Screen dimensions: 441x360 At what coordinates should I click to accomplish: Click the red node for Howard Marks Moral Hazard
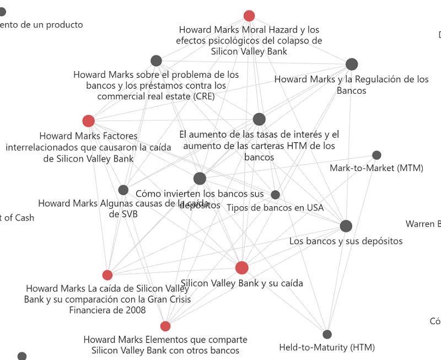[249, 15]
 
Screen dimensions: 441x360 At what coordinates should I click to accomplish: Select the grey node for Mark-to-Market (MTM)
[377, 155]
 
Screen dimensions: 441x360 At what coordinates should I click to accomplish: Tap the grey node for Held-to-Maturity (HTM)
[327, 334]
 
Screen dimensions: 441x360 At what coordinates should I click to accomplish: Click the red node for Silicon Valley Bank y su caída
[241, 268]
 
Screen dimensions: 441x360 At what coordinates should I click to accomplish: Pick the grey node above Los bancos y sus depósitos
[346, 226]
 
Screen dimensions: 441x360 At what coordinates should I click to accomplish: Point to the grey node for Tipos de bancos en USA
[275, 195]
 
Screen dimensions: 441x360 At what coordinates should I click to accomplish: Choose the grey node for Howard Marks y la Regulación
[352, 64]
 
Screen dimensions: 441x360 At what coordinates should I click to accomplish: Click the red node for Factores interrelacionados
[88, 121]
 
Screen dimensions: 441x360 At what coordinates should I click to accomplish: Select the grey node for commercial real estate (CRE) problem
[156, 61]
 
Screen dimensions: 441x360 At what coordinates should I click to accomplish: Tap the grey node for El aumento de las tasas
[259, 119]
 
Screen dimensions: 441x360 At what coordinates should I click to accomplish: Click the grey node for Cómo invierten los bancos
[200, 178]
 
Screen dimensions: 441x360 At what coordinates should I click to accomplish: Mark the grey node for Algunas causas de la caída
[123, 190]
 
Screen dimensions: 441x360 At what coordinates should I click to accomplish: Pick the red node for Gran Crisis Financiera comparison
[107, 275]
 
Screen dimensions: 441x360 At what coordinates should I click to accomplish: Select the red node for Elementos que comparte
[165, 326]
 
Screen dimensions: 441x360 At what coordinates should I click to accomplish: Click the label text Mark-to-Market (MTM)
[376, 168]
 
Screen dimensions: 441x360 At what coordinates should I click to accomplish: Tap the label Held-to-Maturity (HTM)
[327, 347]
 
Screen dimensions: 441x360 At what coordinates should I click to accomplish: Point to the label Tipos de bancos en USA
[275, 208]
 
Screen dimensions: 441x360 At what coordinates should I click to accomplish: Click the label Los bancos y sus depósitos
[346, 241]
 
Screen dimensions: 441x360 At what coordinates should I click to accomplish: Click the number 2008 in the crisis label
[135, 310]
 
